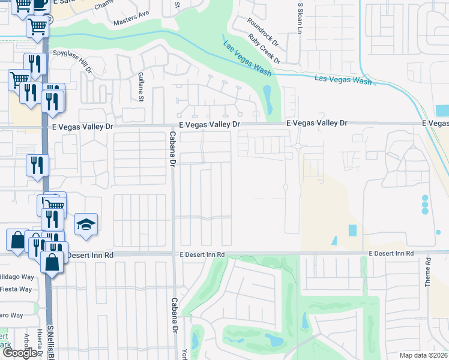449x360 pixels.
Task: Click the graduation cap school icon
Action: tap(86, 224)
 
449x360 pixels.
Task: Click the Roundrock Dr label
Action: tap(263, 31)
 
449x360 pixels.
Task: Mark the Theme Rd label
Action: tap(429, 272)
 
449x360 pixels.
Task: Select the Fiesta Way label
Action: tap(16, 289)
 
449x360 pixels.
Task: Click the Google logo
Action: tap(20, 353)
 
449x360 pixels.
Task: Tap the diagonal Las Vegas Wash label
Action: tap(247, 58)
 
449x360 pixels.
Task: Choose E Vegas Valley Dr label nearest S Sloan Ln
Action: tap(317, 123)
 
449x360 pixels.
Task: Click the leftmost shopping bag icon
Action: tap(17, 240)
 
